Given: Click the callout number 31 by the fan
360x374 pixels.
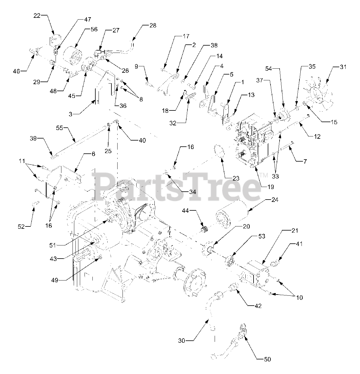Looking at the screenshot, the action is (343, 67).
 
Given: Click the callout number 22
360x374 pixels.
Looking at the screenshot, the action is (37, 16).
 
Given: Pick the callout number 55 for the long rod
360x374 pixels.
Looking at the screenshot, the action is (59, 128).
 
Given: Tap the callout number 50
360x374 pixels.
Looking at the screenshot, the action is (267, 360).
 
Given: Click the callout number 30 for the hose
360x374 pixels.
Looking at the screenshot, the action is (182, 340).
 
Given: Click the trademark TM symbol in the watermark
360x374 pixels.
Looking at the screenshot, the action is (264, 175).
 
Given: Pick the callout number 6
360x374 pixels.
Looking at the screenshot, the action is (93, 154).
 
